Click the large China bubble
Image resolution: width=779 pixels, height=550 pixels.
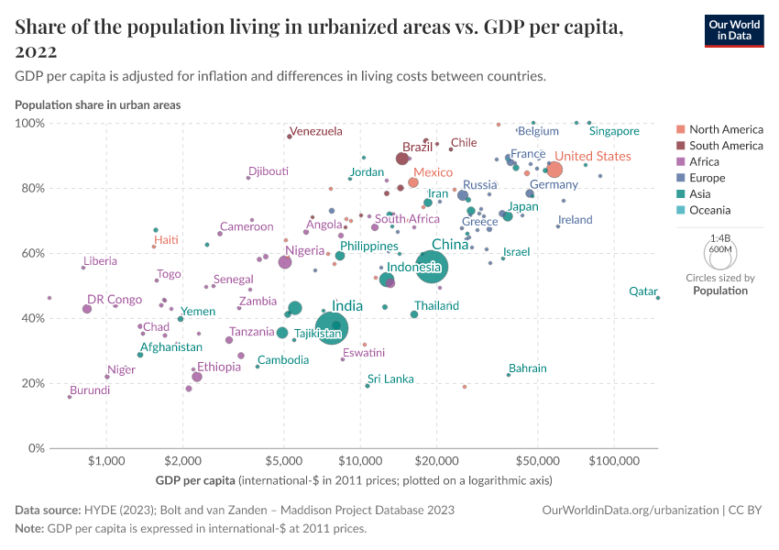tap(432, 267)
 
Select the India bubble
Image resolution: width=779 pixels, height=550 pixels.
tap(331, 327)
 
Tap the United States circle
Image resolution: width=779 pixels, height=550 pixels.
tap(554, 170)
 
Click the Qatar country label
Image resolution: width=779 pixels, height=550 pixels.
tap(642, 291)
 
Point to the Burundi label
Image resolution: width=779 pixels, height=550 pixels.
tap(89, 390)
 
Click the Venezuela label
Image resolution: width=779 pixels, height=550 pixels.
tap(315, 131)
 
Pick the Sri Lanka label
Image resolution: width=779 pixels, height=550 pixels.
tap(390, 379)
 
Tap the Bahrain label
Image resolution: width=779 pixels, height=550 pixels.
tap(527, 368)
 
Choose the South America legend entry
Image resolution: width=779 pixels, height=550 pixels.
tap(725, 145)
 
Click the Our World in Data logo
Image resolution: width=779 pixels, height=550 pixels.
tap(733, 30)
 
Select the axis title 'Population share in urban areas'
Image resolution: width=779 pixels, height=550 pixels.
tap(98, 104)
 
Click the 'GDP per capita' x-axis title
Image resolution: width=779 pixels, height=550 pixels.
tap(196, 479)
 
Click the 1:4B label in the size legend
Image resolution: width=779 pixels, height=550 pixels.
tap(719, 237)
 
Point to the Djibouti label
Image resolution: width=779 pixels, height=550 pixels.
tap(269, 171)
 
